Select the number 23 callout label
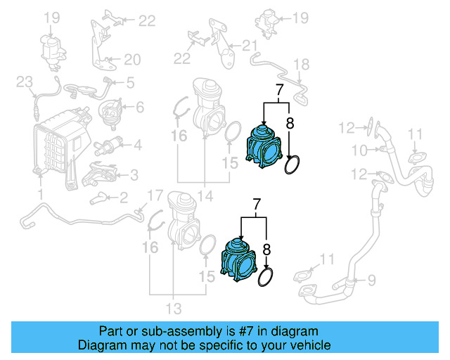(x=25, y=83)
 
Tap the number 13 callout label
(x=173, y=307)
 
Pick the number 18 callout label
(x=300, y=65)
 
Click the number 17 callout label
(x=154, y=195)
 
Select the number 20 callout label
(x=132, y=59)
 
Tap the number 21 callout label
(x=250, y=46)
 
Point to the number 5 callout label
(x=129, y=83)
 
